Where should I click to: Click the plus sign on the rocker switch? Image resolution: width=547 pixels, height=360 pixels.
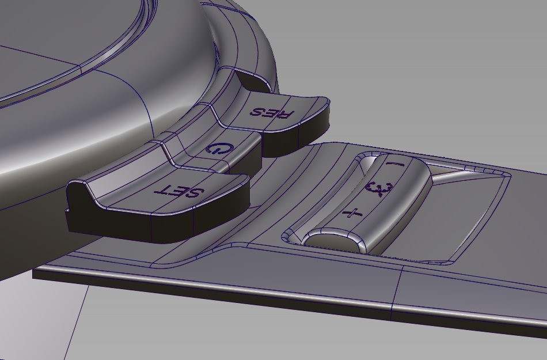click(x=353, y=214)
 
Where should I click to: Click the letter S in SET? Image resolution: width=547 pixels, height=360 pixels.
click(x=193, y=192)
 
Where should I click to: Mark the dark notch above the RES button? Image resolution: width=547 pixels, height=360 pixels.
click(x=253, y=81)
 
